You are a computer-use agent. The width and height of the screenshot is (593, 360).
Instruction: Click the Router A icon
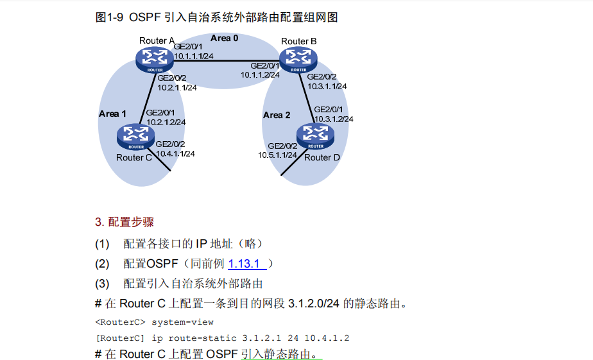click(x=154, y=60)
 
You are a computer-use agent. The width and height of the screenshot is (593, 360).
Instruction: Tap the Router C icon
click(x=135, y=137)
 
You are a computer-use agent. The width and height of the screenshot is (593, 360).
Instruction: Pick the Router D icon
click(x=316, y=136)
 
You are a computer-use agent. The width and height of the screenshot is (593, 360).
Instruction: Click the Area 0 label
click(x=225, y=39)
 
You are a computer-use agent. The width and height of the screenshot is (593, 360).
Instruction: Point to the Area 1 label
click(x=112, y=114)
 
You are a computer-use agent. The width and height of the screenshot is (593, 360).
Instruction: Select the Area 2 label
click(x=277, y=116)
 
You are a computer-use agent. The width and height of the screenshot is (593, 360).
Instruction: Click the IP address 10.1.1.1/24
click(x=193, y=56)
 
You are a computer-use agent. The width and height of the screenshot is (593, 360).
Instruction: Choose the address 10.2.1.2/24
click(x=166, y=122)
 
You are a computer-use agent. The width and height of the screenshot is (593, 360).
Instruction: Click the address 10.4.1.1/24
click(x=175, y=153)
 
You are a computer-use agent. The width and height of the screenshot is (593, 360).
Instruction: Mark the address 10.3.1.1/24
click(x=327, y=86)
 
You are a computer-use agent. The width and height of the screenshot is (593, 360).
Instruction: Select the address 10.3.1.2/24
click(x=333, y=119)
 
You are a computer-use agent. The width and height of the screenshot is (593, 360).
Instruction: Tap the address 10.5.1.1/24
click(x=277, y=155)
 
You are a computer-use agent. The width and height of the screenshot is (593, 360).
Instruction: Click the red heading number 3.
click(x=99, y=223)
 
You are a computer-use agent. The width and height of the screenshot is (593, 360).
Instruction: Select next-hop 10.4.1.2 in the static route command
click(x=327, y=338)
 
